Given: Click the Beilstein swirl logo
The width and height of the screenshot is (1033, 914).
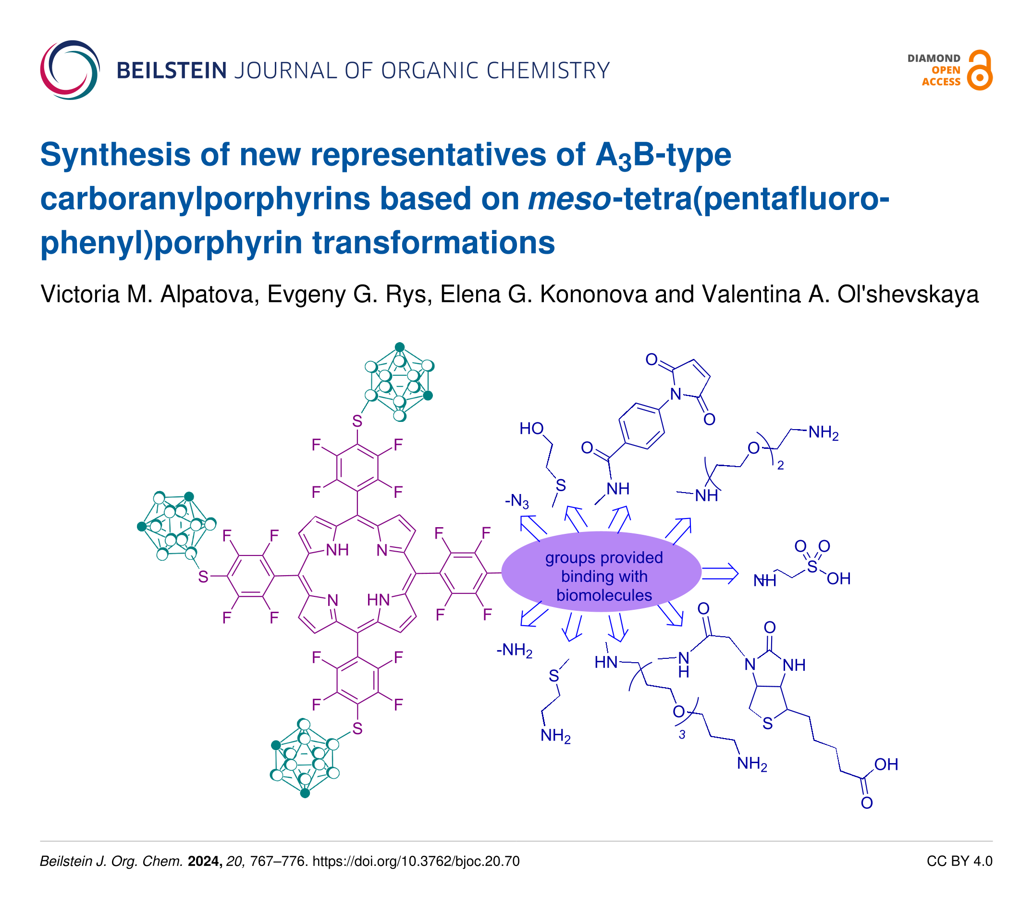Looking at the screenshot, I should point(70,70).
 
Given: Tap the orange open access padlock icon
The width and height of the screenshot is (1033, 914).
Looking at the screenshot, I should point(980,71).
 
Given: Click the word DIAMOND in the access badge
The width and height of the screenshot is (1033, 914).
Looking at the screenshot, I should point(934,59).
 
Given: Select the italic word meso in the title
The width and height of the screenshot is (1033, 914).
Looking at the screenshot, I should point(569,198).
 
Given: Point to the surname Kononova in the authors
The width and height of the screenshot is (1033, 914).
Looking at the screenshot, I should point(593,294).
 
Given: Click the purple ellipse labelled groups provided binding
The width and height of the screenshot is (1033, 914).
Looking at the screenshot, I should point(601,572).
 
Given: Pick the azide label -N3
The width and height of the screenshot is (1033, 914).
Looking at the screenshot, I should point(516,501).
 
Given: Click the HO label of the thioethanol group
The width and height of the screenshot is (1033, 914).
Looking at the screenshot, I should point(531,429).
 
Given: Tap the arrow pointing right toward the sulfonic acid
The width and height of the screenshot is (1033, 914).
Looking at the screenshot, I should point(720,574).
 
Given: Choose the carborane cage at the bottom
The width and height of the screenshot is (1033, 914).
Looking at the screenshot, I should point(304,758).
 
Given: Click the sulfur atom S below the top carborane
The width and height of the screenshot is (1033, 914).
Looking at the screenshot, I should point(357,421).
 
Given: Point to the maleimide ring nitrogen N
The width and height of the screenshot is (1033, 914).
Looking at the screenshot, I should point(676,394).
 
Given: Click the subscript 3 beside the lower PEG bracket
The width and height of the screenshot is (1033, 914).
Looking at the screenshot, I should point(682,735).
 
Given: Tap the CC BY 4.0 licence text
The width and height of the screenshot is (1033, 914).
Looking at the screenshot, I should point(959,862).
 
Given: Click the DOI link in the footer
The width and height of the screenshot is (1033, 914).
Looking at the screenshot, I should point(416,862).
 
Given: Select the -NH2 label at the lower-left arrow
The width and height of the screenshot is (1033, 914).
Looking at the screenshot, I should point(515,650).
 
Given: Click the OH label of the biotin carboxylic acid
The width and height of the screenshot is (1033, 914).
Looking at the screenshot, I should point(886,765).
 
